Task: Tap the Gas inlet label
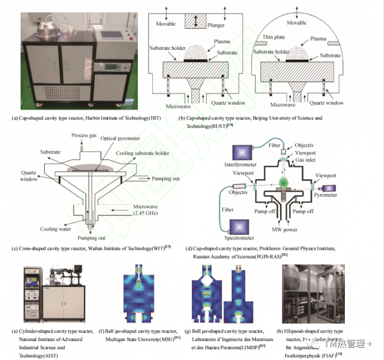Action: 305,161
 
